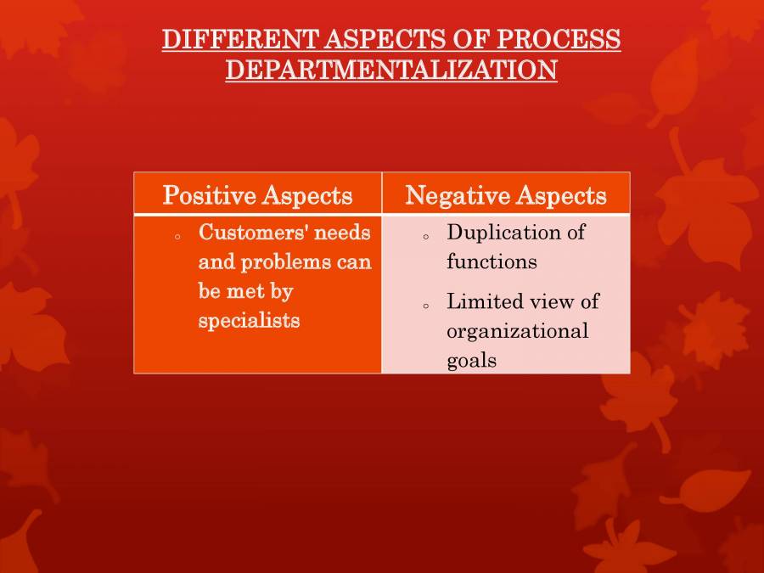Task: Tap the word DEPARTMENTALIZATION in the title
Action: pyautogui.click(x=391, y=70)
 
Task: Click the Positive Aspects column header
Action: pyautogui.click(x=257, y=196)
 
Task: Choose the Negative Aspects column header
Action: pyautogui.click(x=506, y=196)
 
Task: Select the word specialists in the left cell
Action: pyautogui.click(x=249, y=321)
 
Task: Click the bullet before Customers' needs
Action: pyautogui.click(x=177, y=237)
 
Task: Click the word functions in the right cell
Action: pyautogui.click(x=492, y=261)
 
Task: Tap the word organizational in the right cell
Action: pyautogui.click(x=517, y=331)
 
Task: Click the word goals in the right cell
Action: pyautogui.click(x=471, y=360)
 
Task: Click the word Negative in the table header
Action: pyautogui.click(x=451, y=196)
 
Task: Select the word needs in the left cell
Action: pyautogui.click(x=342, y=232)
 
